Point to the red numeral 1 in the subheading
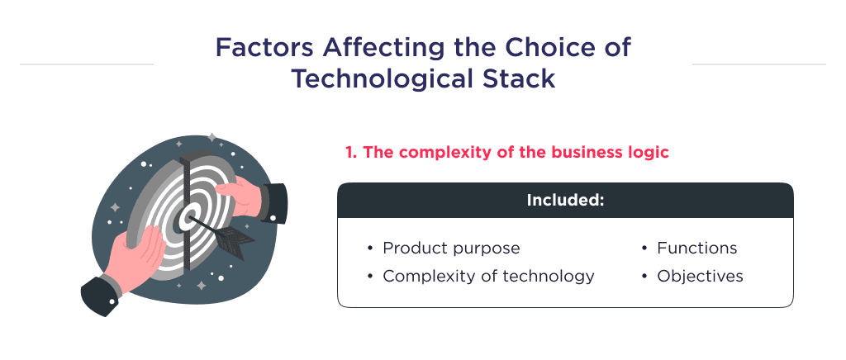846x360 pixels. pos(349,153)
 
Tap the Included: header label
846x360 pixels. pos(565,201)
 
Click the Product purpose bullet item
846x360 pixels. pos(451,248)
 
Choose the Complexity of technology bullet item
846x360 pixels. pos(488,276)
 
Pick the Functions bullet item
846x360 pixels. pos(696,248)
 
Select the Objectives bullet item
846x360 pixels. pos(700,276)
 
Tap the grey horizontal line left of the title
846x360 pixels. pos(86,64)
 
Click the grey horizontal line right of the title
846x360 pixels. pos(758,64)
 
